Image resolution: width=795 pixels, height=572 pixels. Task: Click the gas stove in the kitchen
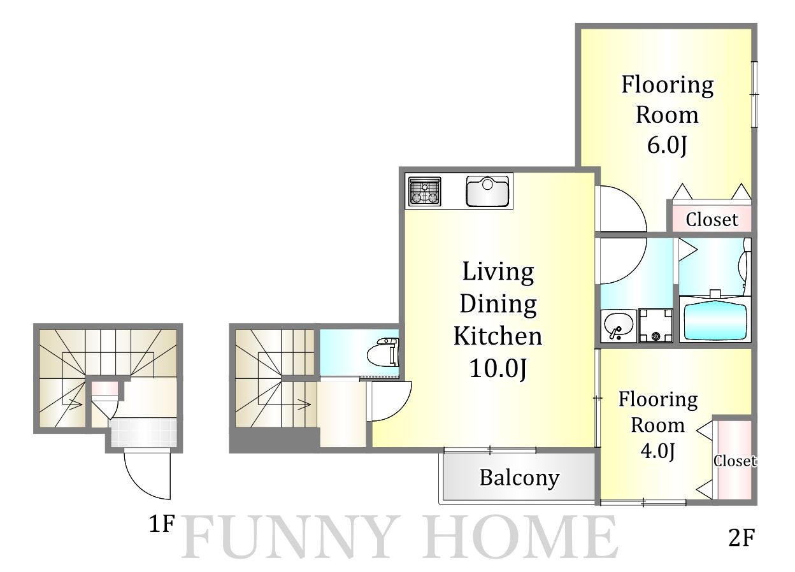(424, 191)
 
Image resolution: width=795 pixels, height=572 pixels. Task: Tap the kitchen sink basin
(487, 191)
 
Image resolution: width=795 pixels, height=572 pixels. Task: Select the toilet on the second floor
(383, 352)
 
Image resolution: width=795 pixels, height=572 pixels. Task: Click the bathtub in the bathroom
(715, 321)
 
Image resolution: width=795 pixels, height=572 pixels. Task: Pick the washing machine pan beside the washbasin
(655, 325)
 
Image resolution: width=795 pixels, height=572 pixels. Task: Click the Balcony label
(520, 478)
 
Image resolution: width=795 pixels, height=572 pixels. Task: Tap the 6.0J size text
(667, 145)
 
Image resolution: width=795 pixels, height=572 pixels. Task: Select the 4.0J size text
(657, 451)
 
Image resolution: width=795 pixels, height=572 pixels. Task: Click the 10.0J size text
(498, 368)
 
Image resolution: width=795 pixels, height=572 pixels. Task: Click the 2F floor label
(741, 538)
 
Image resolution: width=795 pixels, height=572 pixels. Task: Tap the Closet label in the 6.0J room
(712, 220)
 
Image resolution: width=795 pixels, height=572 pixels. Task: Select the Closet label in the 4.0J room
(735, 461)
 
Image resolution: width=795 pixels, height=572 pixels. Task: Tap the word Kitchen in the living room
(498, 336)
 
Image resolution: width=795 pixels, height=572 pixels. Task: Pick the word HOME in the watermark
(522, 537)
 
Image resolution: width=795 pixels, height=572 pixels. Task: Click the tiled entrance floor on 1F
(144, 433)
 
